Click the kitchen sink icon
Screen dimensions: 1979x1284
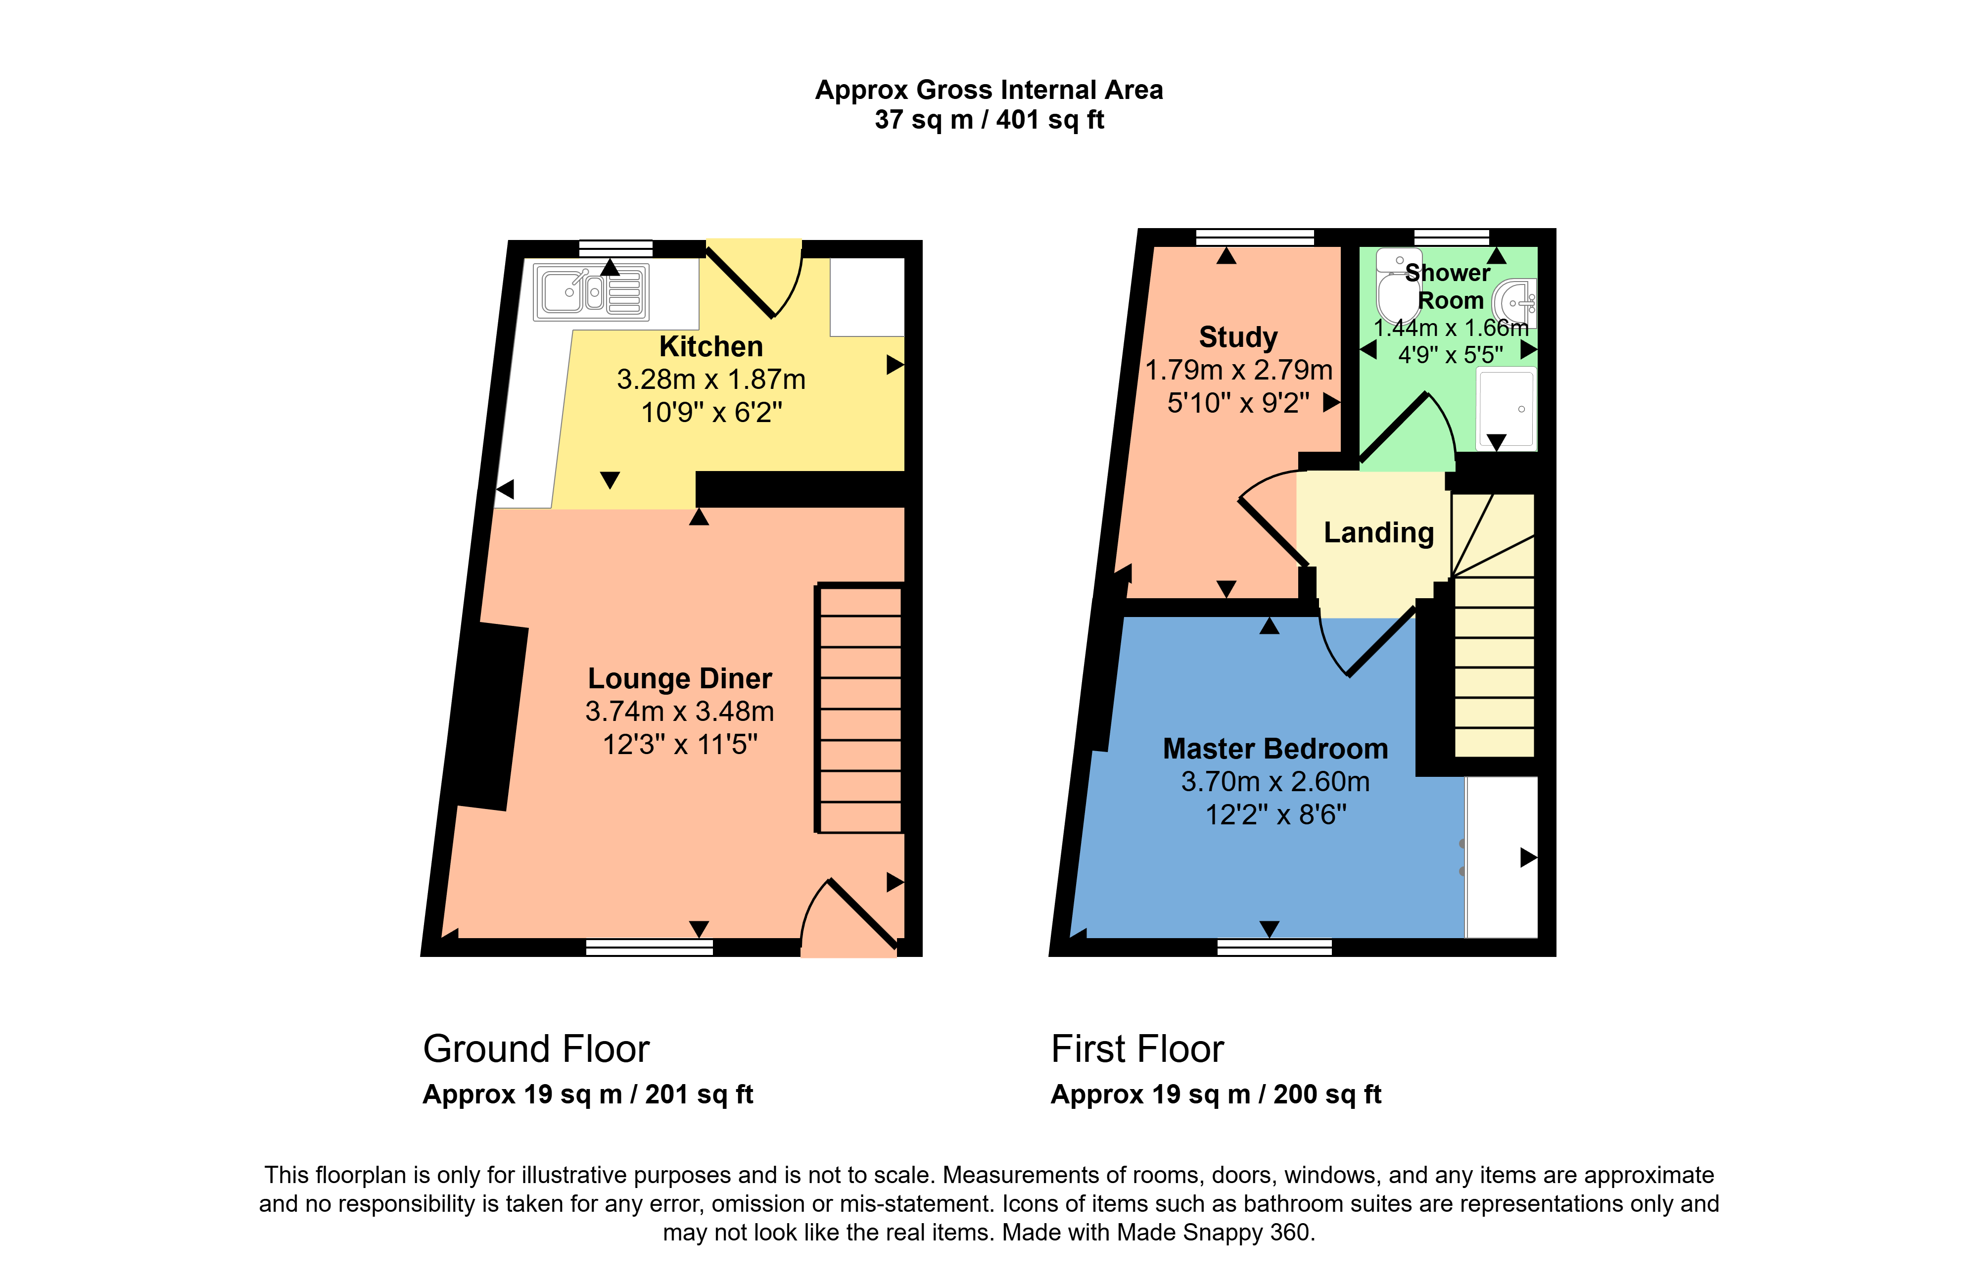[x=590, y=292]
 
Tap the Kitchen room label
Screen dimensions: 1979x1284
[x=711, y=346]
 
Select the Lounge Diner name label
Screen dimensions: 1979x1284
[x=679, y=678]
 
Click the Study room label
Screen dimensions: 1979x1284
[x=1238, y=337]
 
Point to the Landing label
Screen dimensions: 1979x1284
[x=1379, y=532]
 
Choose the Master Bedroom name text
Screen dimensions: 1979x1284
[x=1274, y=749]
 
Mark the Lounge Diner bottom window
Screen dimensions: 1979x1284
[x=650, y=947]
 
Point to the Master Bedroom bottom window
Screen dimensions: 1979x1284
[x=1274, y=947]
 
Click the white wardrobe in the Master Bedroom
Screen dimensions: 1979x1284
[x=1501, y=857]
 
